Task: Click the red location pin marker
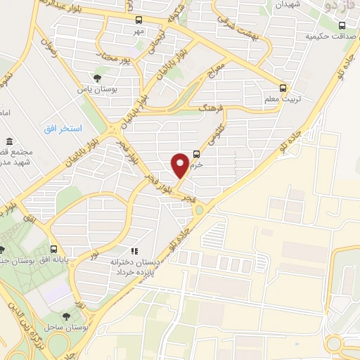click(x=181, y=165)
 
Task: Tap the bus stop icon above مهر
click(x=139, y=20)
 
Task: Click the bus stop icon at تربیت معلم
click(x=283, y=88)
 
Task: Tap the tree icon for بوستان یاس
click(x=96, y=79)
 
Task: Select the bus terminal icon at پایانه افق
click(x=54, y=249)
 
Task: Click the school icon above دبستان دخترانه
click(x=134, y=251)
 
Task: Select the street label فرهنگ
click(x=210, y=109)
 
